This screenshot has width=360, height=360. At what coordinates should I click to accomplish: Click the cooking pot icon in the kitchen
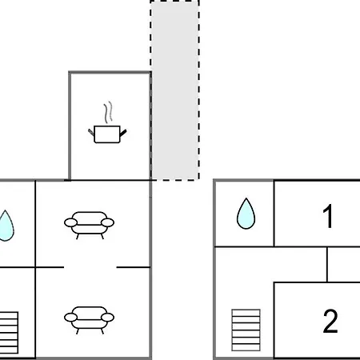(x=107, y=134)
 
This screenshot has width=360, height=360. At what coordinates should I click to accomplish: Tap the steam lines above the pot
(x=108, y=112)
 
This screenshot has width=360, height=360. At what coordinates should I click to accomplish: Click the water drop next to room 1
(x=246, y=214)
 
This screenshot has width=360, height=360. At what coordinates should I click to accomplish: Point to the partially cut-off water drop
(x=6, y=226)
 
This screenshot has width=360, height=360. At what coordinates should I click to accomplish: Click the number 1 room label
(x=328, y=216)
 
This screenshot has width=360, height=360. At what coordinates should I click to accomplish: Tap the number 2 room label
(x=330, y=321)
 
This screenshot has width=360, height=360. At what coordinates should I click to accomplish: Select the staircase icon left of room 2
(x=246, y=330)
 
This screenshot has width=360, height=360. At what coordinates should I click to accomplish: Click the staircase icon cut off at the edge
(x=9, y=333)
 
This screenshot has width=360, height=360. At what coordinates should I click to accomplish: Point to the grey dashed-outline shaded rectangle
(x=174, y=90)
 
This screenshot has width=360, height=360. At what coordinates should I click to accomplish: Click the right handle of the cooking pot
(x=123, y=133)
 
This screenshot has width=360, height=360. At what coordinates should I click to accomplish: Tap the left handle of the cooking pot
(x=91, y=132)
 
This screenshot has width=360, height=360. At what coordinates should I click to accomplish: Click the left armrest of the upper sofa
(x=70, y=222)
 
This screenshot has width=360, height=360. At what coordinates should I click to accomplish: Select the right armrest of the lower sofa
(x=107, y=318)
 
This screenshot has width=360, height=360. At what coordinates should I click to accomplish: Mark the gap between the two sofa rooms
(x=90, y=267)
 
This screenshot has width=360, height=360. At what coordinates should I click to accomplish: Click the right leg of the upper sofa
(x=102, y=236)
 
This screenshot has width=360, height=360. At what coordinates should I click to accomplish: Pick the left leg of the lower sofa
(x=78, y=331)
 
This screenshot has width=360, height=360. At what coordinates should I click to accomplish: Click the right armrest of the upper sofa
(x=107, y=222)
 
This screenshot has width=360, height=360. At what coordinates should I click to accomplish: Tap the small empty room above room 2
(x=344, y=265)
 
